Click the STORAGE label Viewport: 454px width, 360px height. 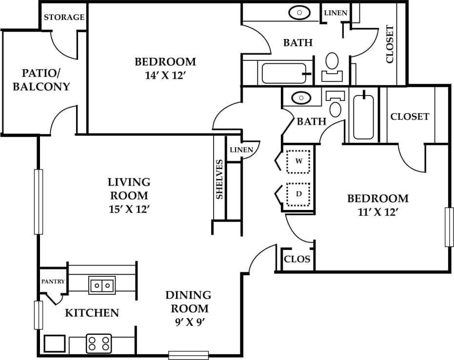(x=64, y=17)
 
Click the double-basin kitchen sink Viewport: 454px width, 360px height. (x=102, y=285)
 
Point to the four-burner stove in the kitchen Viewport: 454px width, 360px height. (x=99, y=343)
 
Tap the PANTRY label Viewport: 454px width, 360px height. (x=53, y=282)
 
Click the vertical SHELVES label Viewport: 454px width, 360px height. (x=219, y=179)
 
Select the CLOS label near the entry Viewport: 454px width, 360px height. (x=297, y=259)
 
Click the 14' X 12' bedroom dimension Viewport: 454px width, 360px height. (x=165, y=76)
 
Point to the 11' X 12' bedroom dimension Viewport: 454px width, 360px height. (x=377, y=212)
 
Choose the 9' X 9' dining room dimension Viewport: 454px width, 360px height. (x=188, y=322)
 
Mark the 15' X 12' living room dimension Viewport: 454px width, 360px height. (x=129, y=209)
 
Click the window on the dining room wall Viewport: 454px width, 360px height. (x=188, y=355)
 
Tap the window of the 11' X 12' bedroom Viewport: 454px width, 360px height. (x=449, y=227)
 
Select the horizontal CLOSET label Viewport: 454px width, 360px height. (x=410, y=116)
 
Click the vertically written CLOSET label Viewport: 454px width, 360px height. (x=390, y=44)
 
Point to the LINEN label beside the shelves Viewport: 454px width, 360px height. (x=241, y=150)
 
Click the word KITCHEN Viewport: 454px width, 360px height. (x=92, y=313)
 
